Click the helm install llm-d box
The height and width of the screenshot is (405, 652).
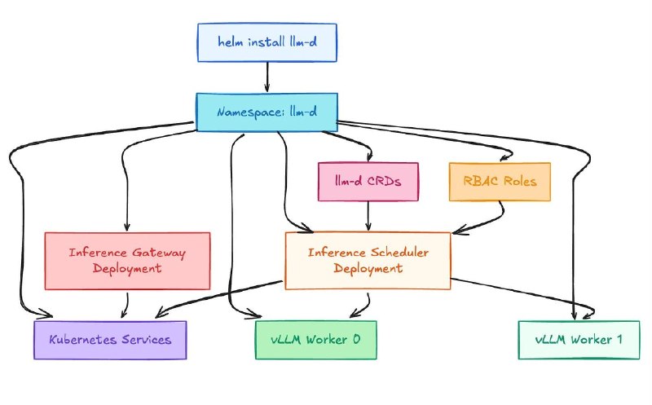(267, 42)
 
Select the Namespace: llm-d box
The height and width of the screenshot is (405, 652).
(267, 112)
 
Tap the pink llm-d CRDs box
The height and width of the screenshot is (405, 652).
(368, 182)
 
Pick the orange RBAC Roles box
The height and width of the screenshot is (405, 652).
(500, 182)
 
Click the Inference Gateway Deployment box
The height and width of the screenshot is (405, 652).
(127, 261)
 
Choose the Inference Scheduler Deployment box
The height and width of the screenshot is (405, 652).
(368, 261)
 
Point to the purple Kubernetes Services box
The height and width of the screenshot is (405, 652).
(110, 340)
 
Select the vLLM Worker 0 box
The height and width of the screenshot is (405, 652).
(316, 340)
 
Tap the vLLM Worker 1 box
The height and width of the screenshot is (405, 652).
(579, 340)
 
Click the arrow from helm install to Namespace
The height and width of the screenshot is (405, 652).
(267, 77)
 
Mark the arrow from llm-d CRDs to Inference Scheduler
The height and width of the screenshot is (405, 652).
(368, 216)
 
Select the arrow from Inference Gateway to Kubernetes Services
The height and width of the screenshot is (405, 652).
(126, 306)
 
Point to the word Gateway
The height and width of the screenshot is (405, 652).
(159, 253)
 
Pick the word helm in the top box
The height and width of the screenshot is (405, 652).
(231, 42)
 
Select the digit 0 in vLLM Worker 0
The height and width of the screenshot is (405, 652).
(356, 339)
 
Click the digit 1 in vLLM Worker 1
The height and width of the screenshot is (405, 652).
(619, 339)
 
